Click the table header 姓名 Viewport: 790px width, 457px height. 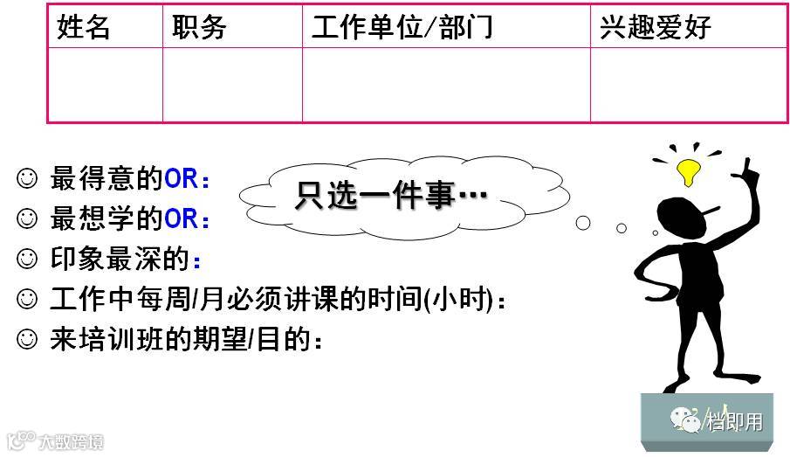pyautogui.click(x=84, y=27)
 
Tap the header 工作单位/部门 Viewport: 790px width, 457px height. pyautogui.click(x=402, y=27)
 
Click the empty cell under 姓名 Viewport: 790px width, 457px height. pyautogui.click(x=105, y=84)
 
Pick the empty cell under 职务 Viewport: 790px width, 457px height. pyautogui.click(x=232, y=84)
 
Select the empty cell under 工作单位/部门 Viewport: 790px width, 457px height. pyautogui.click(x=446, y=84)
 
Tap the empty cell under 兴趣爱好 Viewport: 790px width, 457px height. pyautogui.click(x=689, y=84)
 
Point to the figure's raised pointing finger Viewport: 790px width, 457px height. pyautogui.click(x=748, y=165)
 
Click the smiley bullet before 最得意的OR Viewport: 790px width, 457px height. pyautogui.click(x=27, y=179)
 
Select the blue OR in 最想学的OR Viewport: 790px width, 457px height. pyautogui.click(x=182, y=219)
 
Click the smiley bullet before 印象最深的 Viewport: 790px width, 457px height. pyautogui.click(x=27, y=260)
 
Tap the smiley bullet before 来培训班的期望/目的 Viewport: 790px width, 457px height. pyautogui.click(x=27, y=340)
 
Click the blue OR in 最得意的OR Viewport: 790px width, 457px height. pyautogui.click(x=182, y=179)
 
